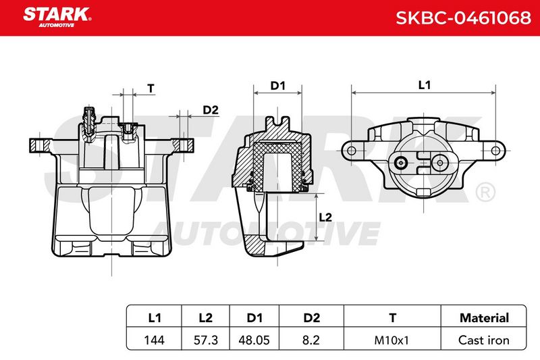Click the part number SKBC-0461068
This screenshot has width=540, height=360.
tap(463, 18)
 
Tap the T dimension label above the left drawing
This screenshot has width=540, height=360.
tap(151, 88)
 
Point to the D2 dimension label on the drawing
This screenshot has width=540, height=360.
tap(211, 110)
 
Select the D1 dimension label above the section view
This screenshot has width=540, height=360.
tap(277, 85)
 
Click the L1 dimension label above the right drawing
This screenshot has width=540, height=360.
tap(425, 84)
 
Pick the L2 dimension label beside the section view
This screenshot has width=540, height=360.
tap(325, 217)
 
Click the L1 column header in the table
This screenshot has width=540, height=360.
tap(155, 317)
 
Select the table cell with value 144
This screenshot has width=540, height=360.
tap(155, 340)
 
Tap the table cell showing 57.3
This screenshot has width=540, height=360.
tap(206, 340)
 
